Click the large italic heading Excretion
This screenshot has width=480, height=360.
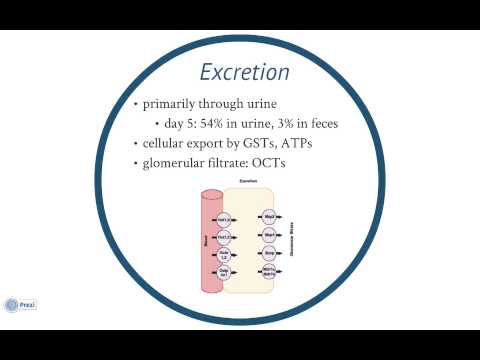tap(245, 73)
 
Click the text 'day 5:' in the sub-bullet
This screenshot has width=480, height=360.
tap(185, 124)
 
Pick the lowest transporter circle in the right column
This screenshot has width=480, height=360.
tap(268, 271)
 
